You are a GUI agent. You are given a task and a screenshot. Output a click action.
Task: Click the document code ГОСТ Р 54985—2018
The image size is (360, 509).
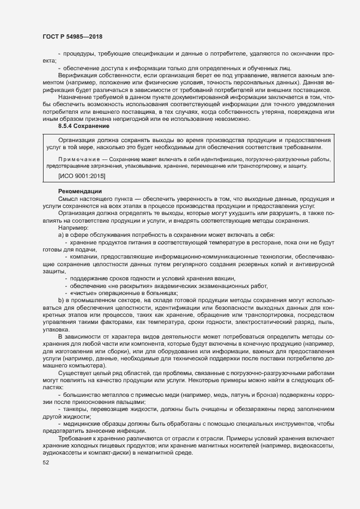tap(72, 36)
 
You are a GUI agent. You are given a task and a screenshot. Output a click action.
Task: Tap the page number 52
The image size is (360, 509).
tap(46, 463)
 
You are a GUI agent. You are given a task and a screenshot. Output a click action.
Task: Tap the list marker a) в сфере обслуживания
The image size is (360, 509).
tap(61, 234)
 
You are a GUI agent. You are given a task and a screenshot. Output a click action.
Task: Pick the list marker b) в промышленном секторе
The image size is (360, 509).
tap(61, 301)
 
